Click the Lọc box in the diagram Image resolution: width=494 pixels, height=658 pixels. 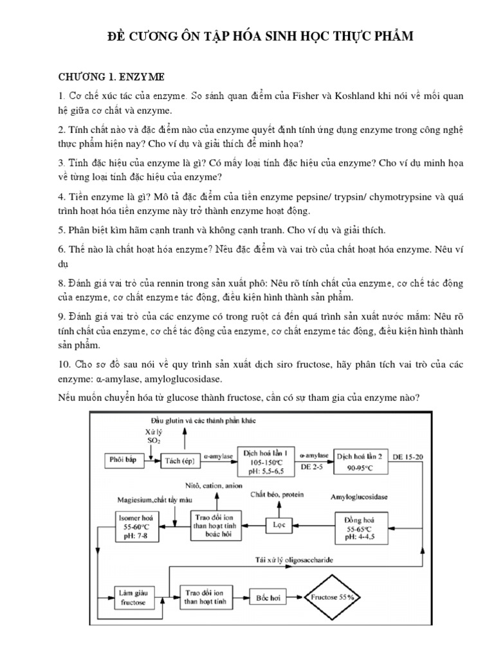click(277, 524)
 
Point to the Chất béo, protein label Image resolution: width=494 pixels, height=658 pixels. click(277, 495)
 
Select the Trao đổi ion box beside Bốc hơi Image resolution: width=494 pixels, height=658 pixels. click(199, 597)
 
